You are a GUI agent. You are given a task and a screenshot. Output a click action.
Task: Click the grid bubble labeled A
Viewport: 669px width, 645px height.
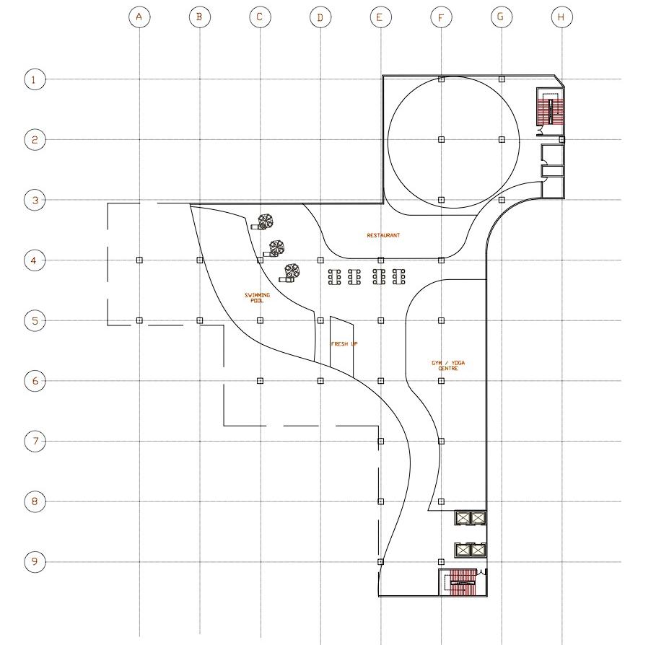tap(139, 17)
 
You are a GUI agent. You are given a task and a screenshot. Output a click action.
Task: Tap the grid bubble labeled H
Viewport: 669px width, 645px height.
tap(561, 17)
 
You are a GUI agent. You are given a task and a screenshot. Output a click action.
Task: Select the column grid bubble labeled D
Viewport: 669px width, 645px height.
tap(320, 17)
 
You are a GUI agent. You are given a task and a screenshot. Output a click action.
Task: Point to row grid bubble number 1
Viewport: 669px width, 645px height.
tap(35, 79)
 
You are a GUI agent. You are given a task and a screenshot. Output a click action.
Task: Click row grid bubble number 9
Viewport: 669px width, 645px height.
tap(35, 561)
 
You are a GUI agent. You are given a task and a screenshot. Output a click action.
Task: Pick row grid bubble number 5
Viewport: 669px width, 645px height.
tap(35, 320)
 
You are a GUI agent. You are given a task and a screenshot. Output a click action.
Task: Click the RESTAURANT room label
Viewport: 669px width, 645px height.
tap(383, 235)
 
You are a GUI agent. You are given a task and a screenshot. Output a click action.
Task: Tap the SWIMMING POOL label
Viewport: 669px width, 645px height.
tap(257, 297)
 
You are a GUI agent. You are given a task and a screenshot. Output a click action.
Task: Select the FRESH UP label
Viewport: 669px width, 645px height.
tap(344, 344)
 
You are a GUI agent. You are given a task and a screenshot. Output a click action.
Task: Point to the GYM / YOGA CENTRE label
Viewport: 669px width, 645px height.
tap(448, 366)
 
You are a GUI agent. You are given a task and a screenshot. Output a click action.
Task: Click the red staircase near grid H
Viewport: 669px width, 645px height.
tap(551, 111)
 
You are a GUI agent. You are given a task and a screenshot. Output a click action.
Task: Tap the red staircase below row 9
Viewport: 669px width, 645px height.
tap(463, 582)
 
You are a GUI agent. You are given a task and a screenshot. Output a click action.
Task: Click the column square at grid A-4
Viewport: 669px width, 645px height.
tap(139, 260)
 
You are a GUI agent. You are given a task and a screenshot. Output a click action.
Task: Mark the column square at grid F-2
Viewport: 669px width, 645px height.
tap(441, 139)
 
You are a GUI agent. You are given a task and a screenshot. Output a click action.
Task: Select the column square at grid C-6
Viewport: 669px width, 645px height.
tap(260, 380)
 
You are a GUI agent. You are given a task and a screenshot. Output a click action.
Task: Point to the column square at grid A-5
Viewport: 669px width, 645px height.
tap(139, 320)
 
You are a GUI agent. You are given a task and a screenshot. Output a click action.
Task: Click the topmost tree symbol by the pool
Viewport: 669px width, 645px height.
tap(266, 221)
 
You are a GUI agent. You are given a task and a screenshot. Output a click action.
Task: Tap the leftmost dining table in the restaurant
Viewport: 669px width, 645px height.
tap(335, 277)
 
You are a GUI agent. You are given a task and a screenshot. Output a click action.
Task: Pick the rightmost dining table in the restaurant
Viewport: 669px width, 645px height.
tap(398, 277)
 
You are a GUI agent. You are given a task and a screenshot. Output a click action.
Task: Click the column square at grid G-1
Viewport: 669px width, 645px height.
tap(502, 79)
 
